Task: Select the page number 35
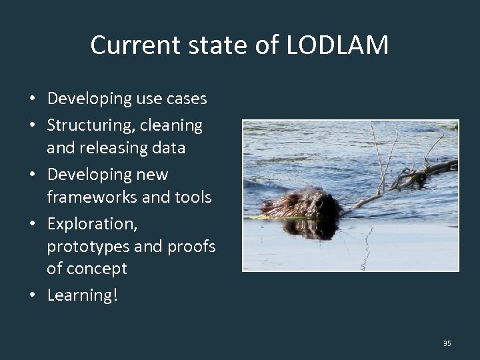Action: coord(447,343)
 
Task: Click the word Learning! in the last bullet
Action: coord(82,295)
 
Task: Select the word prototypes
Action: coord(87,247)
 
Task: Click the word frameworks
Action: coord(87,197)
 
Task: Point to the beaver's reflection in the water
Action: coord(311,229)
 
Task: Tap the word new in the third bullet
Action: coord(153,175)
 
